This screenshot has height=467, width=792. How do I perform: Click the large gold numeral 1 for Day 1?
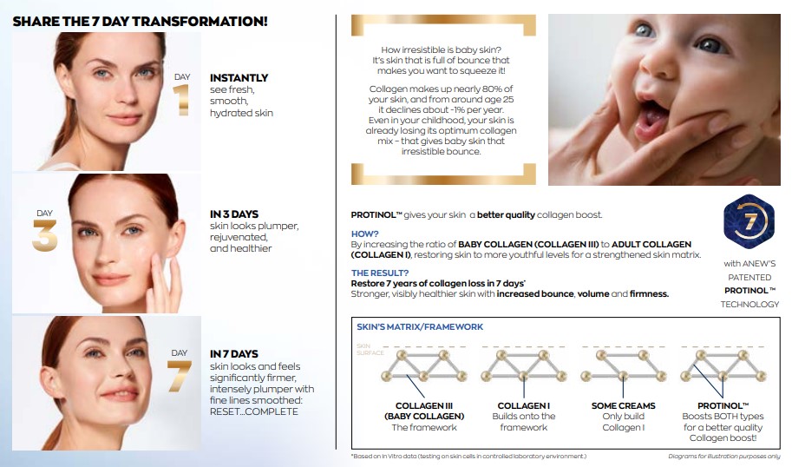coord(181,100)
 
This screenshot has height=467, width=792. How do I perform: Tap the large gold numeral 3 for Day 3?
coord(45,235)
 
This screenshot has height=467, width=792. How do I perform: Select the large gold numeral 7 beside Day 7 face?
coord(179,377)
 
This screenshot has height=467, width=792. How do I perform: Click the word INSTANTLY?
coord(239,78)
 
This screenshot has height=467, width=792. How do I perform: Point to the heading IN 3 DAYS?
coord(234,214)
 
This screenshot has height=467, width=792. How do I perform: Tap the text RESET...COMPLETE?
coord(254,411)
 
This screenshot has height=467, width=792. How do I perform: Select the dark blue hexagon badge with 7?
coord(749,221)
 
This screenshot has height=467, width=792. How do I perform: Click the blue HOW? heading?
coord(364,234)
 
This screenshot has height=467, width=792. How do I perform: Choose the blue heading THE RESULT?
coord(380,273)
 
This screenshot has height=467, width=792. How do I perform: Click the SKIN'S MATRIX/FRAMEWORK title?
coord(420,327)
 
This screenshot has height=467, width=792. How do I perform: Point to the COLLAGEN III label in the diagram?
coord(424,405)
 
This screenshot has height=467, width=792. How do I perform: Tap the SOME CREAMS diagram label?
coord(624,405)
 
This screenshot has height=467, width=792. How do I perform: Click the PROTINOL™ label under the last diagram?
coord(723,405)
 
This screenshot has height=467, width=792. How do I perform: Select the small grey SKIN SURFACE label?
coord(370,349)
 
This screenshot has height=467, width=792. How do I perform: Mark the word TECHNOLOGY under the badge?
coord(749,304)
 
